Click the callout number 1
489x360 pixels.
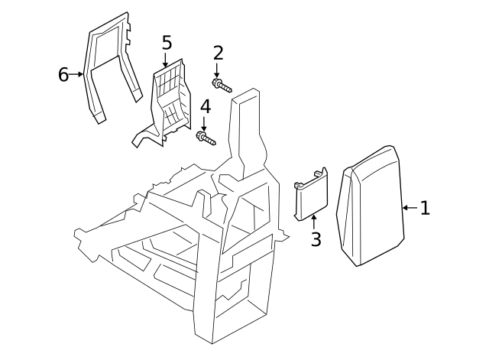click(x=426, y=207)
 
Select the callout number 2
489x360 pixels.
click(x=218, y=53)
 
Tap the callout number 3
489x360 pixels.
click(x=316, y=239)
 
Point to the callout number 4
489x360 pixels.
click(x=204, y=106)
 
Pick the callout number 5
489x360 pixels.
click(x=167, y=42)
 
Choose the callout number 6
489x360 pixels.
click(x=64, y=74)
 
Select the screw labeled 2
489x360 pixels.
click(x=222, y=86)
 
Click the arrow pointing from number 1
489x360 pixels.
click(x=409, y=207)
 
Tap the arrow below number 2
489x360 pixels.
click(x=218, y=70)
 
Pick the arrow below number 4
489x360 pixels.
click(x=204, y=124)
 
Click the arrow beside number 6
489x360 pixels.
click(x=78, y=75)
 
